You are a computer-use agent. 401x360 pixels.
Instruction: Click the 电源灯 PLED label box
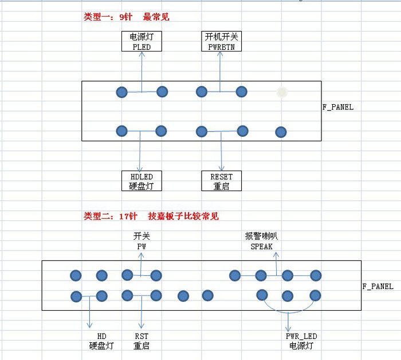[x=141, y=41]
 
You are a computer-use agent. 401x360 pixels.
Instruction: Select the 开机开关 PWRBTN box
[x=221, y=41]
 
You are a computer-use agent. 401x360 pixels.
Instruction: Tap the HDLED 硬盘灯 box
[x=142, y=181]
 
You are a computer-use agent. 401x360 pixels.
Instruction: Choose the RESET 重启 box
[x=221, y=181]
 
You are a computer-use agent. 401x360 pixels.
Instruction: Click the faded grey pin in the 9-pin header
[x=281, y=92]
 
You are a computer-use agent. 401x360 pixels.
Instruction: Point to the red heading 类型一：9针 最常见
[x=127, y=17]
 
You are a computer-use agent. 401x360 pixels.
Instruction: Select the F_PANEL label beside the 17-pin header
[x=378, y=286]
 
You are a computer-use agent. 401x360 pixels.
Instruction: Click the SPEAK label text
[x=261, y=247]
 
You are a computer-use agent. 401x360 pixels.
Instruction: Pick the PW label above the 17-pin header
[x=141, y=247]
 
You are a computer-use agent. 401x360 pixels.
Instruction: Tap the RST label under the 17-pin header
[x=141, y=336]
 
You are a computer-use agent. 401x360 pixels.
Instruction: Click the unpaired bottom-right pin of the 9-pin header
[x=281, y=132]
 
